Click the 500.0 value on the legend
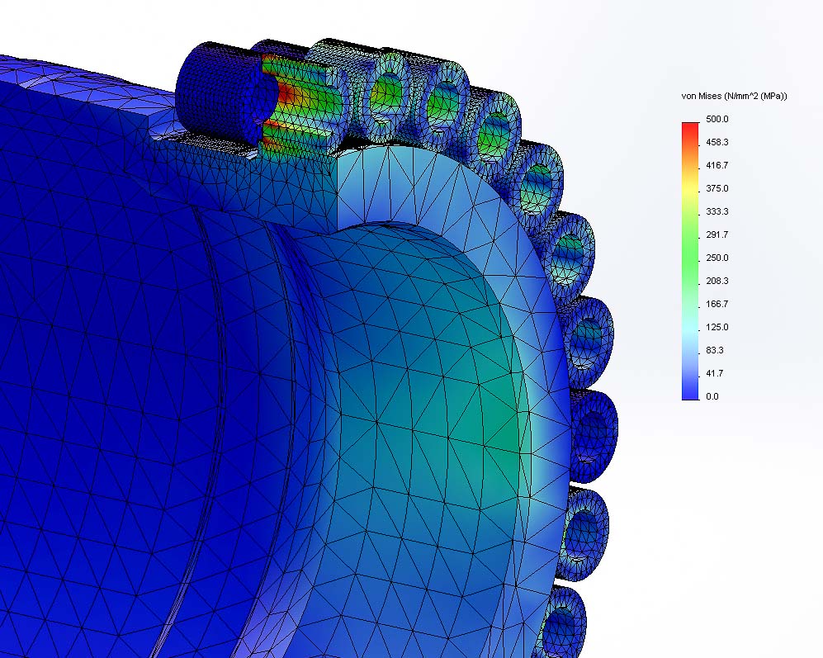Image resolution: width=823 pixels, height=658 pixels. point(717,119)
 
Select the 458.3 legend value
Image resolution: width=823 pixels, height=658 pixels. point(717,142)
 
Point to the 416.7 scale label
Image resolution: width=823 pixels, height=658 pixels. point(717,165)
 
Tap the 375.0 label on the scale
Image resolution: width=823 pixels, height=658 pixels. point(717,188)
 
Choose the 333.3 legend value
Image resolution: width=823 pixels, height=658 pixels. point(717,211)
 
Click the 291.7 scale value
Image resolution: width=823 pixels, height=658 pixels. point(717,234)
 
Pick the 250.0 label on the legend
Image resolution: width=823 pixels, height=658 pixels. point(717,258)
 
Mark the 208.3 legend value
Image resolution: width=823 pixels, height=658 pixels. point(717,281)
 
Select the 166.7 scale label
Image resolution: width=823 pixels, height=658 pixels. point(717,304)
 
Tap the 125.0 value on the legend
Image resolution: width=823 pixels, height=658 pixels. point(717,327)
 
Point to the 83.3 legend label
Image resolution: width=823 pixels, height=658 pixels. point(715,350)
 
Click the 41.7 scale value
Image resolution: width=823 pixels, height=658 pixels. point(715,373)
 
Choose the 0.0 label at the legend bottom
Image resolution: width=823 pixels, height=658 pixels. point(712,396)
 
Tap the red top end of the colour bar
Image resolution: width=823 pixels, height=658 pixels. point(690,127)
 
